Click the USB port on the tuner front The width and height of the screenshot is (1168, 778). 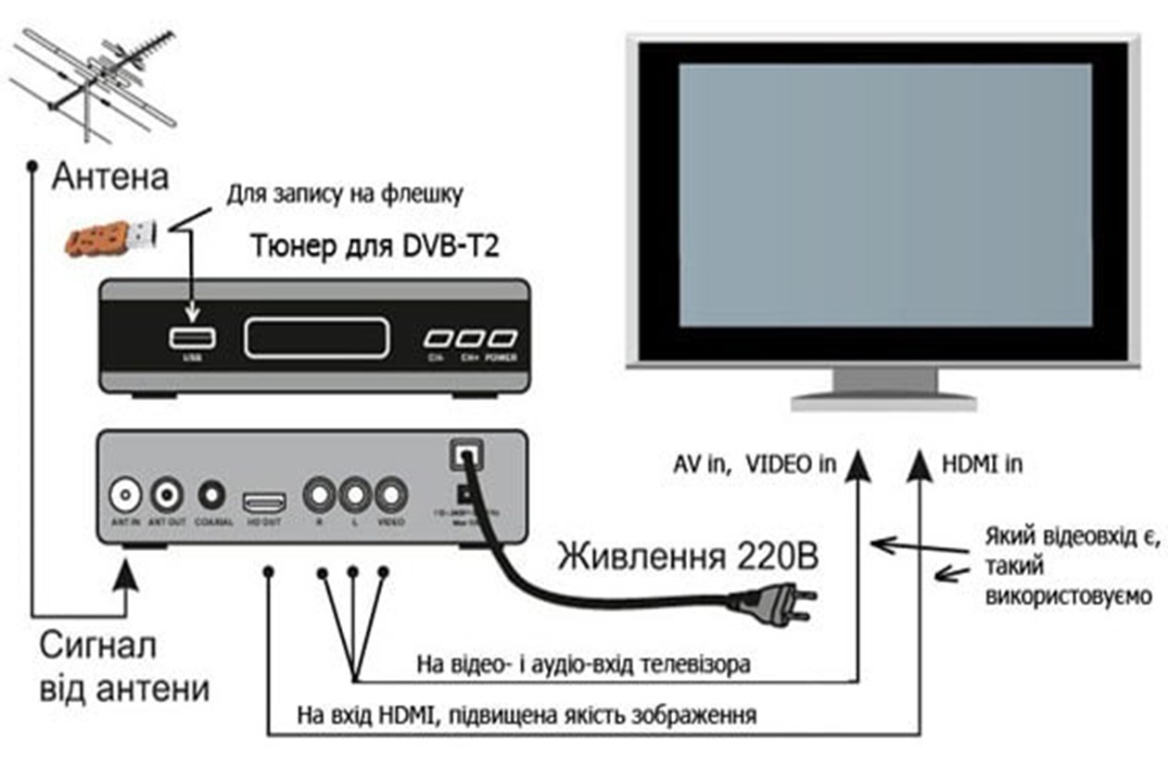click(x=193, y=338)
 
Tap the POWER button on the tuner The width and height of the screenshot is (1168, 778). click(x=502, y=339)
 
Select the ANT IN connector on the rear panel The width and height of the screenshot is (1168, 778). click(x=125, y=495)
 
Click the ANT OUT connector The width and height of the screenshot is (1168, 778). click(x=168, y=495)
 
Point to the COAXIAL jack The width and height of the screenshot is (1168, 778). click(x=212, y=495)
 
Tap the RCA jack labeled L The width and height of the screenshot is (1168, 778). click(x=355, y=495)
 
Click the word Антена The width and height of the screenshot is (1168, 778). click(x=110, y=176)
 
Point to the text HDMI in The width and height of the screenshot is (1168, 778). click(x=982, y=463)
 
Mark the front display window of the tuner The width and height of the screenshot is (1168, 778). click(x=315, y=338)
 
